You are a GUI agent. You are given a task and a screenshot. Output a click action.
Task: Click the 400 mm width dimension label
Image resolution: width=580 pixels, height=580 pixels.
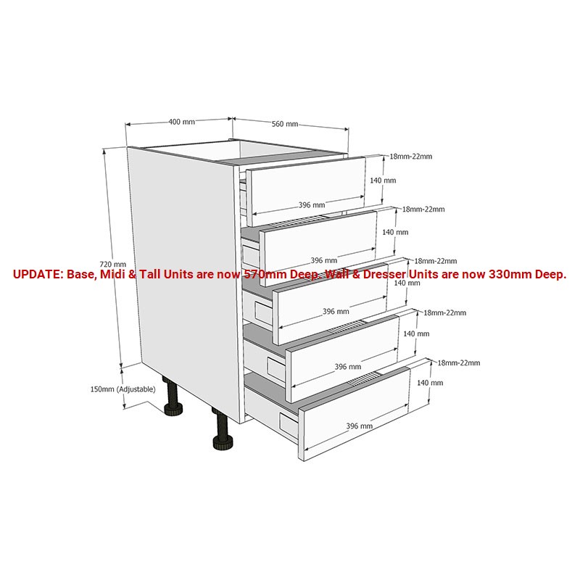(182, 122)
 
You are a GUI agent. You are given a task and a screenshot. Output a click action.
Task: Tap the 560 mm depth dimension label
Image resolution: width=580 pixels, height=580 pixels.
(285, 124)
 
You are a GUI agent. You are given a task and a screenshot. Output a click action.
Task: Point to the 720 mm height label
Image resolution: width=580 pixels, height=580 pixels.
(113, 264)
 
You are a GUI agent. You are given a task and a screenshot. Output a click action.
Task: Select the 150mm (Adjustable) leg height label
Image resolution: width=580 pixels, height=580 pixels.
(123, 389)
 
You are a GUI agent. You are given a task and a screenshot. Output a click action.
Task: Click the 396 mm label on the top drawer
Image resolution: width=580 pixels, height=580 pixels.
(312, 205)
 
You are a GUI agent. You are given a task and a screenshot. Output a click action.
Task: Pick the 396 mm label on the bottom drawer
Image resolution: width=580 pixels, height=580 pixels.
(359, 426)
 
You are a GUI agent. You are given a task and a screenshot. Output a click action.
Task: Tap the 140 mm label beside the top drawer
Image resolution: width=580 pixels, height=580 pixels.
(383, 181)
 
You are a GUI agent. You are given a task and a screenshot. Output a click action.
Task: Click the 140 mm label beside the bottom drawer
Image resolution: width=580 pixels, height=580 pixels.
(430, 383)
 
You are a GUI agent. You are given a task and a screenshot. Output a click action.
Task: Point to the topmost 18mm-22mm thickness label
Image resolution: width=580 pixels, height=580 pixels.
(410, 157)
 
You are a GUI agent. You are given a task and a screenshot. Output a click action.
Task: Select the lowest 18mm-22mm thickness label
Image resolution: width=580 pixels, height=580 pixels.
(459, 363)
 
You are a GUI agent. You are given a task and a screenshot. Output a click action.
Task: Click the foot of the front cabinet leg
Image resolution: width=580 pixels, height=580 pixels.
(223, 442)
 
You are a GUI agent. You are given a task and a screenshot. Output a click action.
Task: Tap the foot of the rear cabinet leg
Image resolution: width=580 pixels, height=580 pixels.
(173, 410)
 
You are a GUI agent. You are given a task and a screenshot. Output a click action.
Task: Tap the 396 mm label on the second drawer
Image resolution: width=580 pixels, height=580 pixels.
(323, 260)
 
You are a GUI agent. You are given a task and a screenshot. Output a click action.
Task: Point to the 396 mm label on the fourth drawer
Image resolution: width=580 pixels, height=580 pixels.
(348, 367)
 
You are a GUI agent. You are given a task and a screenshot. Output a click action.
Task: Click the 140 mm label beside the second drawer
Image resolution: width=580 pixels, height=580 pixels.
(395, 232)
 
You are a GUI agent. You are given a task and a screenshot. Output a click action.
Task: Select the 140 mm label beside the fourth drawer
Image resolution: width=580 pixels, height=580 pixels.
(416, 333)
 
